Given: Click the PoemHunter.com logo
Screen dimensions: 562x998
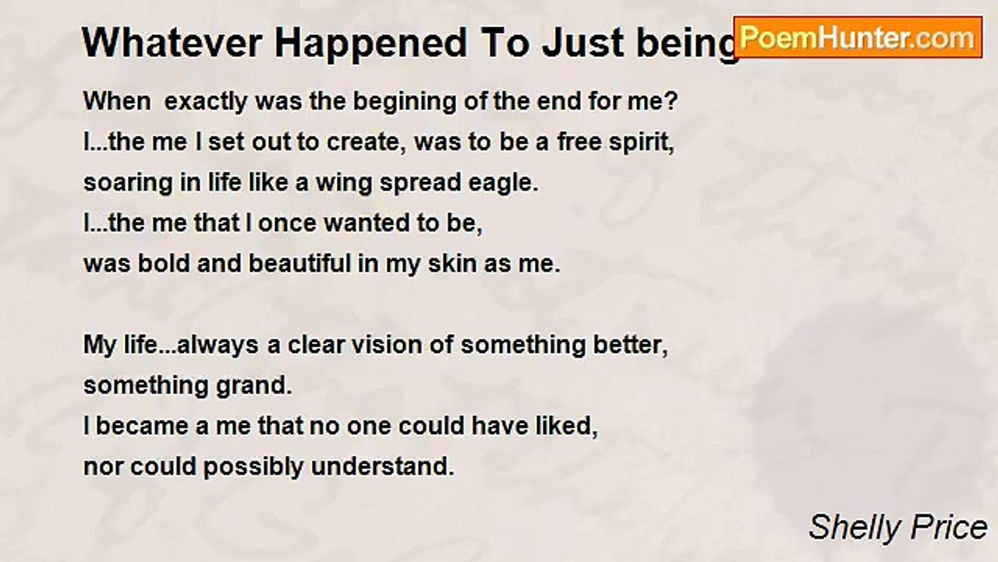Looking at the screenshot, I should [x=858, y=37].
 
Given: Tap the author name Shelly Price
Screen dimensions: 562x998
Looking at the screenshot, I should [x=897, y=528].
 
